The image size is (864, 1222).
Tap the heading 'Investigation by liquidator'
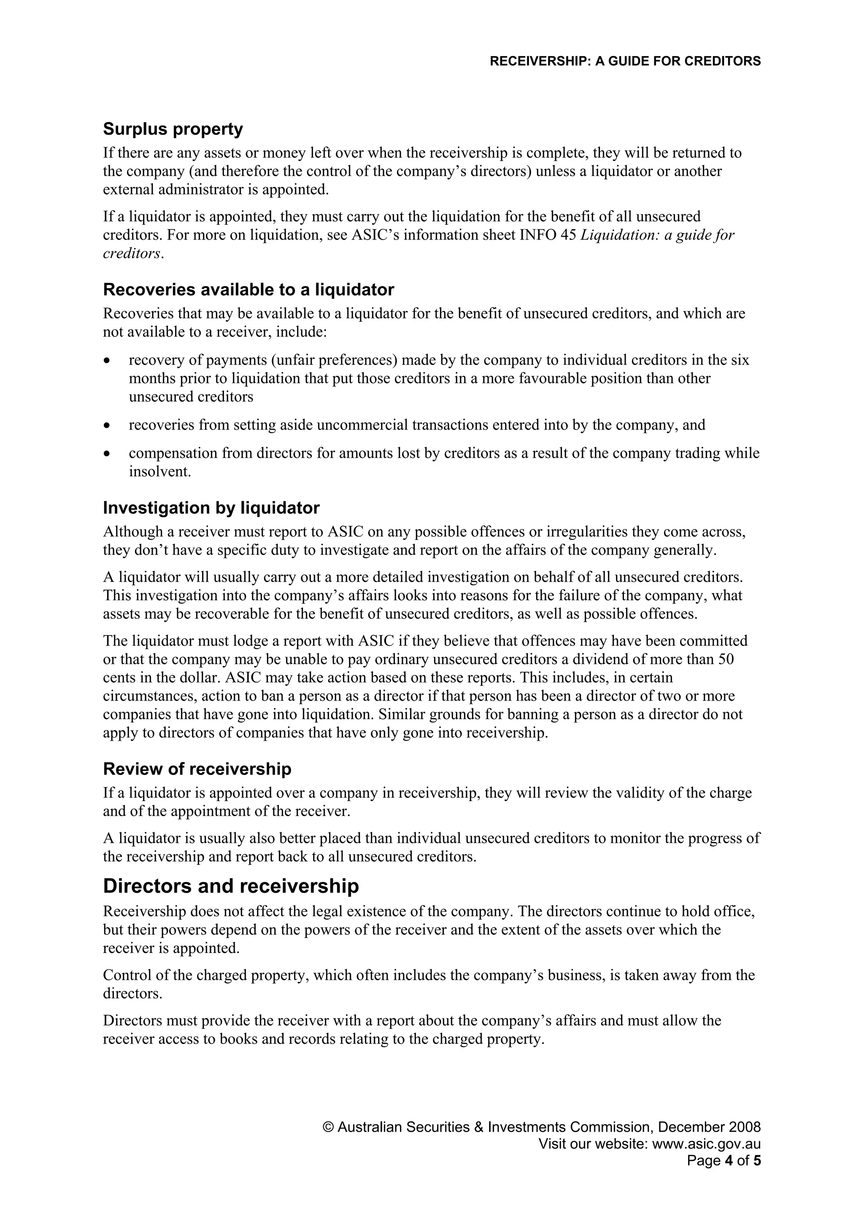point(211,508)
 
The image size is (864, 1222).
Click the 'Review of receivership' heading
point(197,769)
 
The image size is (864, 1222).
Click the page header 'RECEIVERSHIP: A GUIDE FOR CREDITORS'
point(625,61)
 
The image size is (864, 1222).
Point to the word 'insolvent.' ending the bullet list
point(160,472)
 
